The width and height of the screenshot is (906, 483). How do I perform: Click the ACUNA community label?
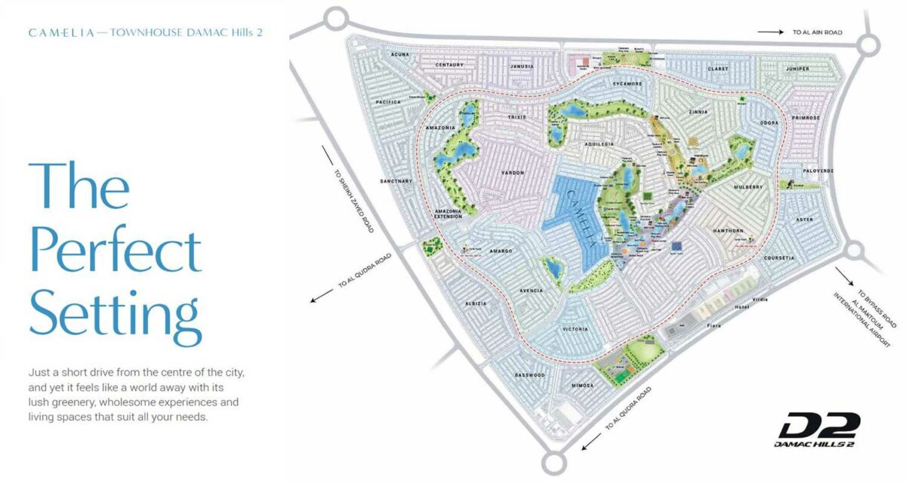coord(400,55)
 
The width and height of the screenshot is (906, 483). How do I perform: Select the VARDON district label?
coord(512,173)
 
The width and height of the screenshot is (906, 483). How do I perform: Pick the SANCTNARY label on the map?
coord(397,181)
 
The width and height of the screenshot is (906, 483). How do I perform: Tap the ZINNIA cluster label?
coord(697,112)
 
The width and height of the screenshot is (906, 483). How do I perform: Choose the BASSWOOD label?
coord(528,375)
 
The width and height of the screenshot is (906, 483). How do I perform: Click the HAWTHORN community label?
coord(728,231)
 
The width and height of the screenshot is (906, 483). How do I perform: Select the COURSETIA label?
coord(779,258)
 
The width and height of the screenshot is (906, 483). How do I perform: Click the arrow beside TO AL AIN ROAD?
coord(771,32)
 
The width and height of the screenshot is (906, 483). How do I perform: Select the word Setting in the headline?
coord(115,313)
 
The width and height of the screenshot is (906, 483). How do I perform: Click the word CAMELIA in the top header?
coord(60,33)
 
